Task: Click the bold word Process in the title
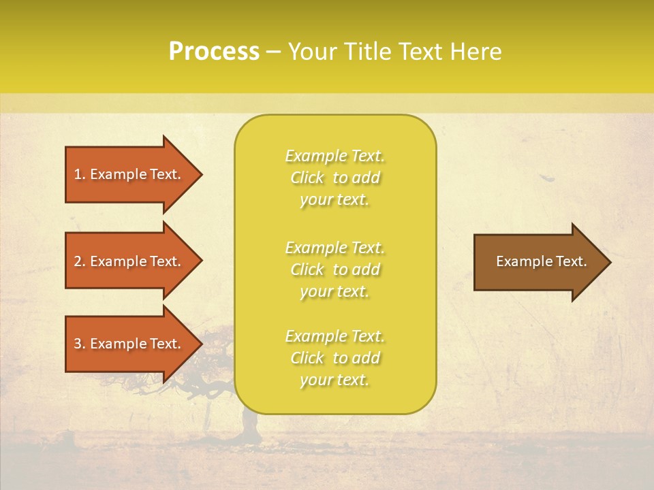pyautogui.click(x=214, y=52)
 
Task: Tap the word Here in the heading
pyautogui.click(x=478, y=52)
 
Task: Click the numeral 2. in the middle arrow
pyautogui.click(x=80, y=261)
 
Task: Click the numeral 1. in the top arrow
pyautogui.click(x=80, y=174)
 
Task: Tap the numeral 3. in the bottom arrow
pyautogui.click(x=80, y=344)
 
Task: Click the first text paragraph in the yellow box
pyautogui.click(x=334, y=178)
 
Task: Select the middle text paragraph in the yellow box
pyautogui.click(x=334, y=269)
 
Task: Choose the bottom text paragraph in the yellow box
pyautogui.click(x=334, y=358)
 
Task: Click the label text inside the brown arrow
pyautogui.click(x=541, y=261)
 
